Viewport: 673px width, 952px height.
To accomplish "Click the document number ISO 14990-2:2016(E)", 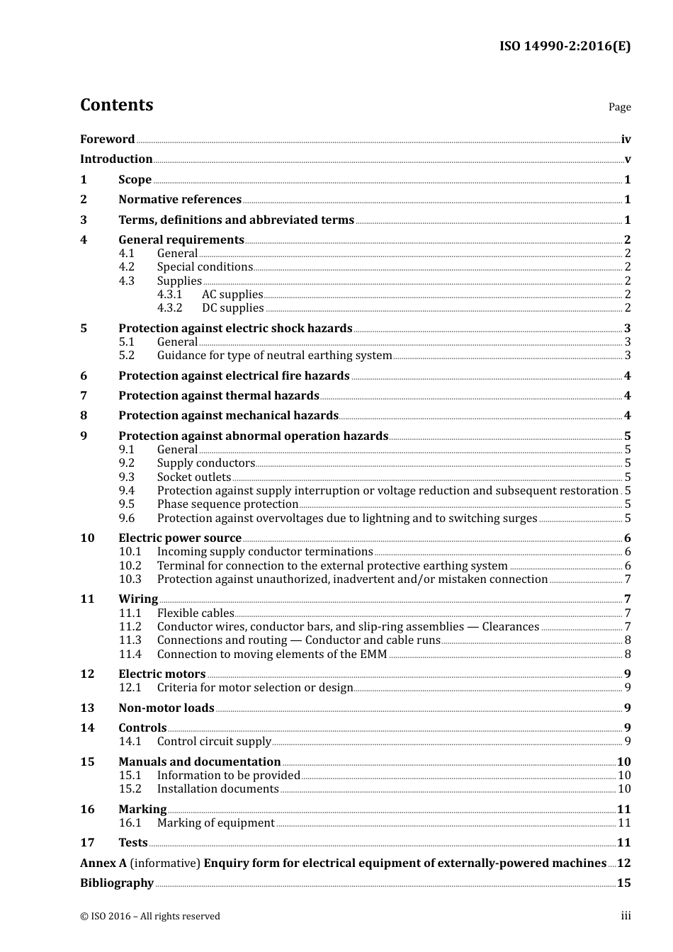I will coord(565,47).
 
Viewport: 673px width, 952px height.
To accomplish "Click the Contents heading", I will coord(116,105).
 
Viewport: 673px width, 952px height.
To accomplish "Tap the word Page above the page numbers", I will coord(619,107).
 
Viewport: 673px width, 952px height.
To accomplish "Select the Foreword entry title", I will coord(107,140).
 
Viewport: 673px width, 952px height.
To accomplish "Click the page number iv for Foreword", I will coord(626,140).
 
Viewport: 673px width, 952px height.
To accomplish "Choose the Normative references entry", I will coord(180,200).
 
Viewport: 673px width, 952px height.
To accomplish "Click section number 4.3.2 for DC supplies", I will coord(169,308).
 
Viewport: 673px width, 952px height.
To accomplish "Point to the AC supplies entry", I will coord(232,295).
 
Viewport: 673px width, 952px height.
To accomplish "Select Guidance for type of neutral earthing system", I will coord(274,356).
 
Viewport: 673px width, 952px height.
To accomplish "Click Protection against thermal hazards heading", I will coord(219,396).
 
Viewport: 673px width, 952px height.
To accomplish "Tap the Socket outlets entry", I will coord(194,477).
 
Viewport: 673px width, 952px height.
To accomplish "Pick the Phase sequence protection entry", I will coord(227,504).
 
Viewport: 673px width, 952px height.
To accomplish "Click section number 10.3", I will coord(130,579).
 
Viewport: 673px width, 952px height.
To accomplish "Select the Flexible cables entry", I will coord(196,613).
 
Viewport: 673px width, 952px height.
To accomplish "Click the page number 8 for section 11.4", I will coord(628,654).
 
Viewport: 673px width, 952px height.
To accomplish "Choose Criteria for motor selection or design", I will coord(255,688).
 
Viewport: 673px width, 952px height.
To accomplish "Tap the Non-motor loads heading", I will coord(166,708).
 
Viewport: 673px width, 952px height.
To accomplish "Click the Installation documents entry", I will coord(218,789).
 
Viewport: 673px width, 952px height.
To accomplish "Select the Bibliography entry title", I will coord(117,883).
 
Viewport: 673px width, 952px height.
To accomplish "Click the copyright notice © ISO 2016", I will coord(150,917).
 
